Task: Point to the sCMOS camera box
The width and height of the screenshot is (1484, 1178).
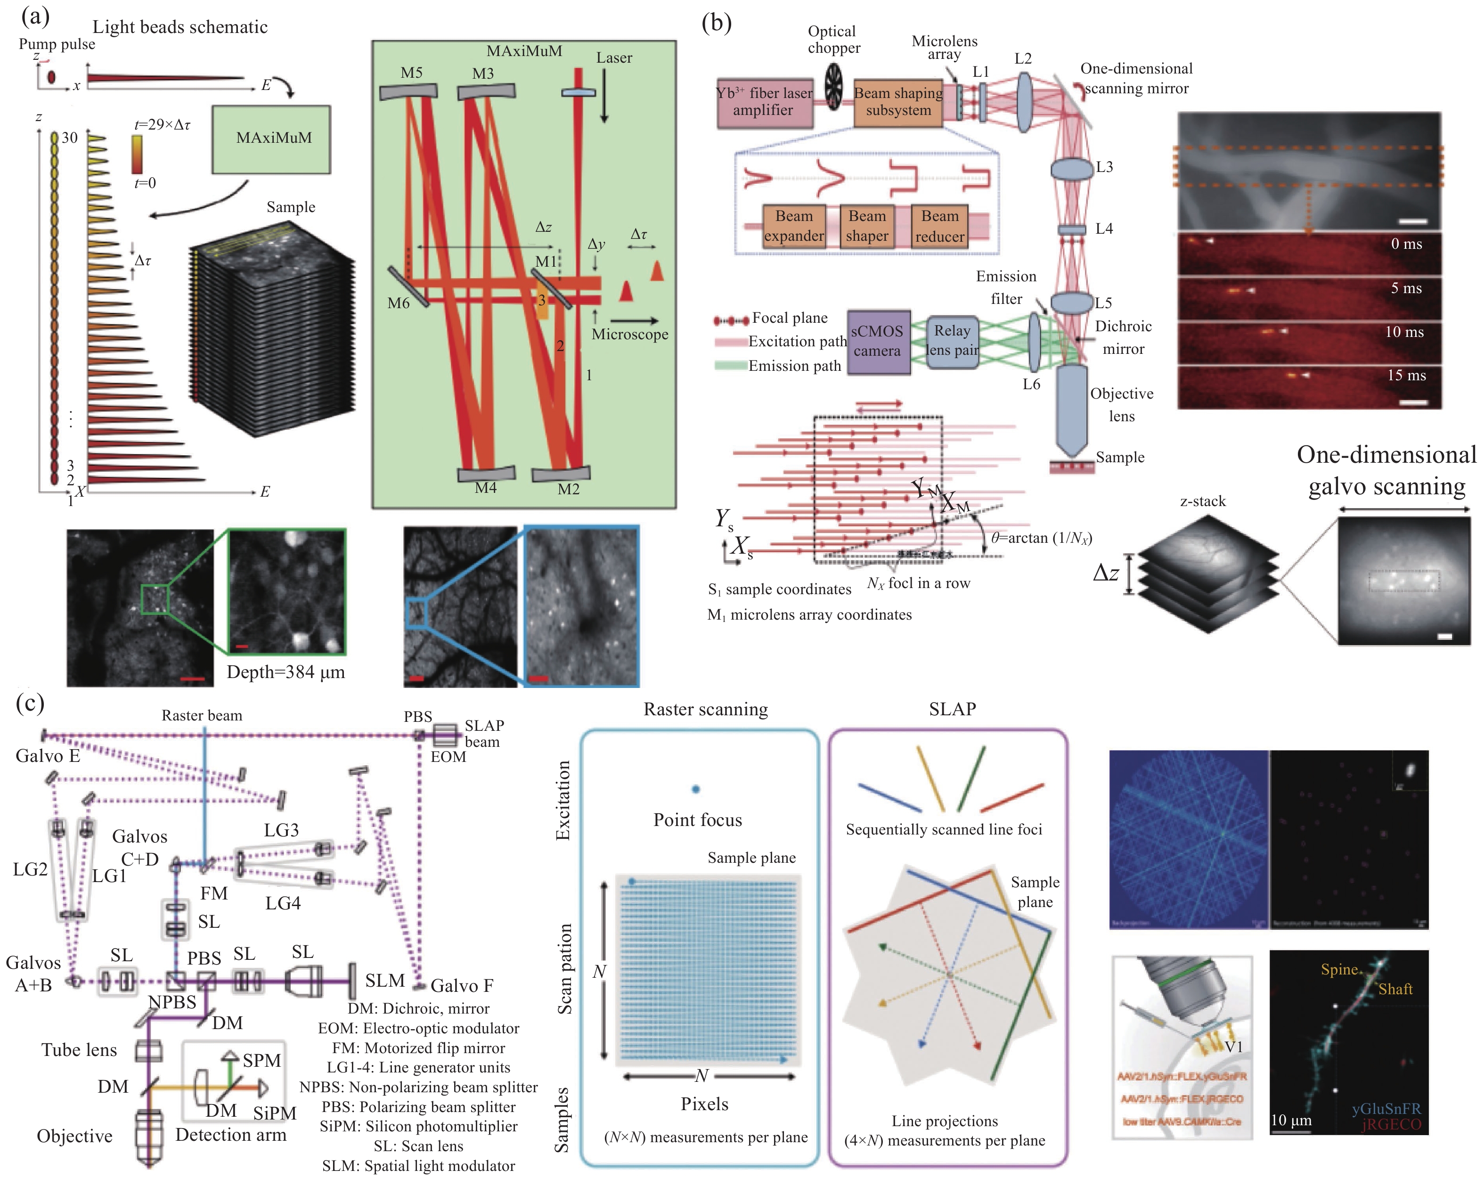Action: [877, 342]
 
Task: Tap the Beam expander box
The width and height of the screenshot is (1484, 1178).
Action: [794, 226]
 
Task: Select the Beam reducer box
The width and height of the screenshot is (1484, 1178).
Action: [939, 226]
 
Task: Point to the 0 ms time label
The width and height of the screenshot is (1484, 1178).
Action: [1406, 244]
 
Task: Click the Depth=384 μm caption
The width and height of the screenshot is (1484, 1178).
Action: [285, 673]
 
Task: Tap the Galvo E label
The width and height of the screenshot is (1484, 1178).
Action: [48, 756]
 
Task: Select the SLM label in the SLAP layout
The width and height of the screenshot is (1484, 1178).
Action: [385, 981]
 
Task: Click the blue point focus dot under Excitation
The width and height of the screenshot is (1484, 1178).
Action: [696, 789]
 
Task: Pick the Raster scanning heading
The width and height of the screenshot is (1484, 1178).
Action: [706, 710]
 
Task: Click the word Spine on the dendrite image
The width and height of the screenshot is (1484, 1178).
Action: [1339, 969]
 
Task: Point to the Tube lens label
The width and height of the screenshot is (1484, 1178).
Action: [79, 1050]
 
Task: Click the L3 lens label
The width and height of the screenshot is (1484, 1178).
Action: [1104, 167]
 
